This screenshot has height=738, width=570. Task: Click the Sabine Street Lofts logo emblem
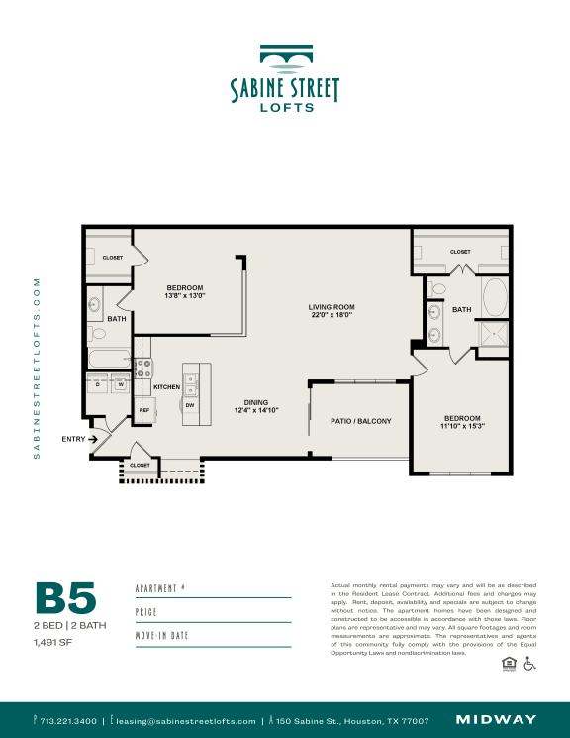[x=284, y=59]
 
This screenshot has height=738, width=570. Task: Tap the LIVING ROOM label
[x=331, y=307]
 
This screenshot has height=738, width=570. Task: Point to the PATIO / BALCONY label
[x=360, y=421]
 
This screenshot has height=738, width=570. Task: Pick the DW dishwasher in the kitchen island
[x=189, y=404]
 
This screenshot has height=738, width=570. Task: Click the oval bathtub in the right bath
[x=493, y=296]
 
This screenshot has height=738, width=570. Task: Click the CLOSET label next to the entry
[x=140, y=465]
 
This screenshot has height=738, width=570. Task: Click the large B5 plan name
[x=65, y=599]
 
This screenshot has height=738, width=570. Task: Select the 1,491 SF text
[x=54, y=642]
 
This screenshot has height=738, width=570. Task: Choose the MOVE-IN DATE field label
[x=161, y=636]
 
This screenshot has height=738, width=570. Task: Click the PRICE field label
[x=146, y=612]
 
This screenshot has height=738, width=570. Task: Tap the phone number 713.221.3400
[x=68, y=721]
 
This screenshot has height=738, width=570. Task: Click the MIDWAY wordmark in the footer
[x=496, y=720]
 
